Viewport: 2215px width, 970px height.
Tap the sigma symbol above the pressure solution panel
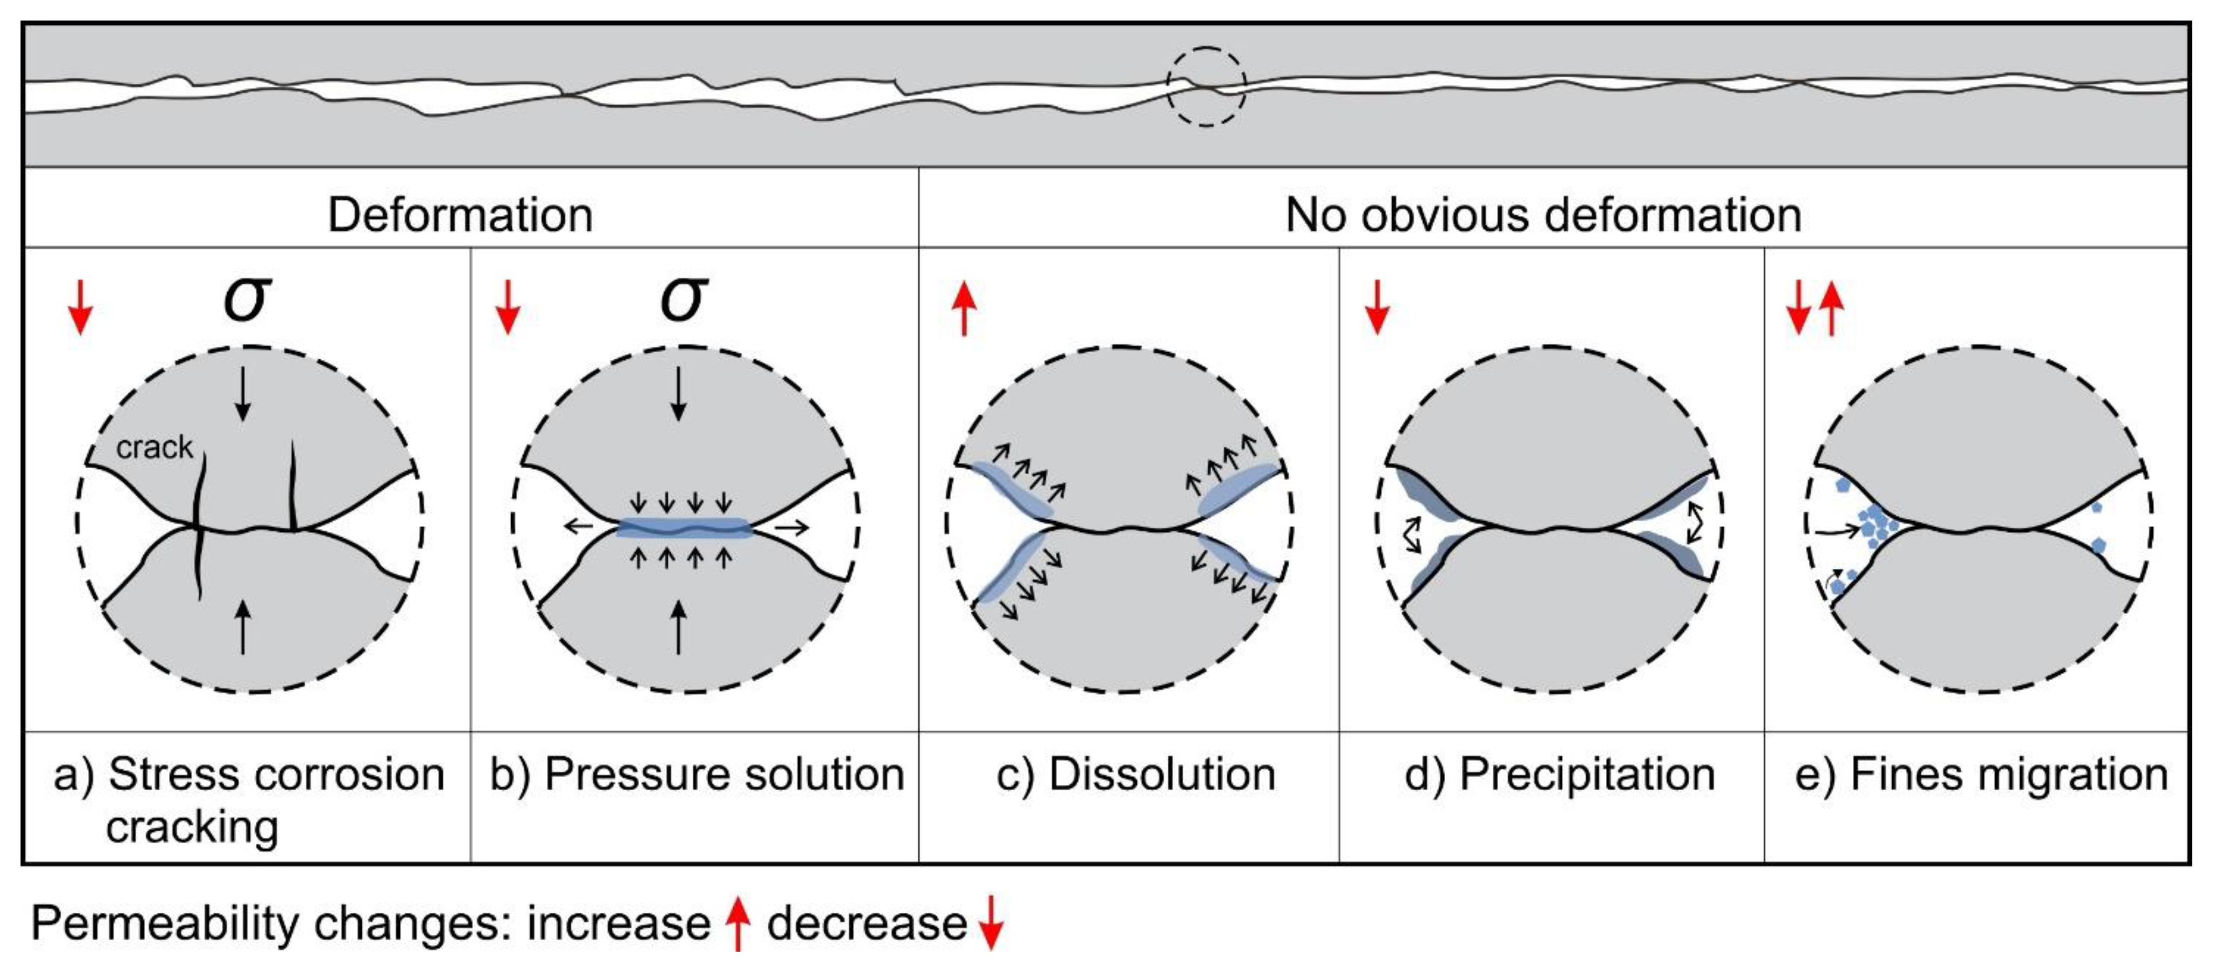coord(683,298)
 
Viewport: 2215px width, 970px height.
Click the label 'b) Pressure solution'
coord(696,774)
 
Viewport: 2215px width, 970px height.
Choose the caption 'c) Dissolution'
coord(1135,774)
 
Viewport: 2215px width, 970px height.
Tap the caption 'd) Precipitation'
coord(1559,774)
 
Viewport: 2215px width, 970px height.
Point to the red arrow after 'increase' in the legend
coord(737,922)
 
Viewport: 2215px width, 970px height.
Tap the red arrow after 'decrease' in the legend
coord(991,922)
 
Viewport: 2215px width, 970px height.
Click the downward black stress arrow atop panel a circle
coord(243,394)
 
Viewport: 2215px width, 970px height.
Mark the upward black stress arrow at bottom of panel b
coord(679,627)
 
